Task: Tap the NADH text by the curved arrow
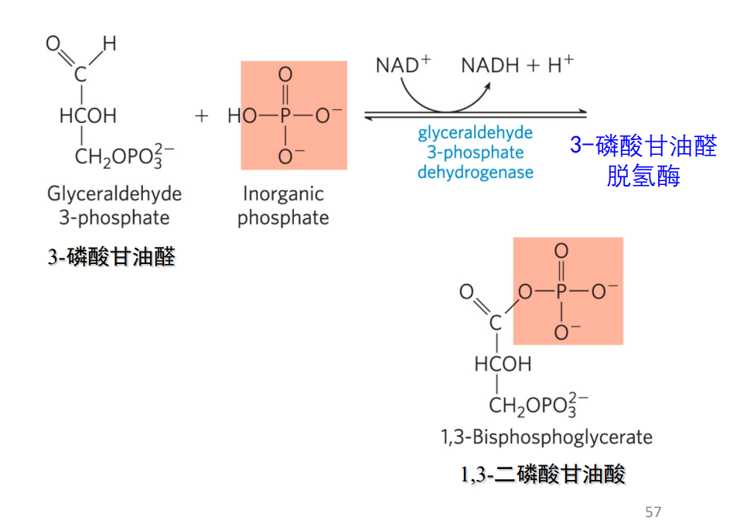click(x=490, y=65)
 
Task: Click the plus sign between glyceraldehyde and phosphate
click(x=202, y=116)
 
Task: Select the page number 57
click(x=653, y=512)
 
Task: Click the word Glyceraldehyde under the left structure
click(x=114, y=194)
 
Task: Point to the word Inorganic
click(x=283, y=194)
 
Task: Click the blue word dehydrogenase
click(x=475, y=172)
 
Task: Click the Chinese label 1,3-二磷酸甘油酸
click(x=544, y=474)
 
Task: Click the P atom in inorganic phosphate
click(x=285, y=116)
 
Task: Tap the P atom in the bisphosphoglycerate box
click(x=561, y=292)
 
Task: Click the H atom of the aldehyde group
click(x=110, y=44)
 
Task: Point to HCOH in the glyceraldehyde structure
click(x=87, y=116)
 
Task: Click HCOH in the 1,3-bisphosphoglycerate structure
click(x=503, y=364)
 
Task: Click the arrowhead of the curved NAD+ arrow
click(x=488, y=87)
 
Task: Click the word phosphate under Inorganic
click(x=283, y=217)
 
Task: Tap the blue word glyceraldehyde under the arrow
click(x=475, y=132)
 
